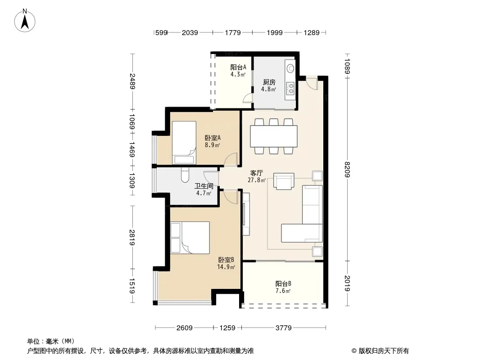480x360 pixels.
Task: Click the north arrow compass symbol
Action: [x=25, y=20]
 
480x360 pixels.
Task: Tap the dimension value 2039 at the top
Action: [x=190, y=32]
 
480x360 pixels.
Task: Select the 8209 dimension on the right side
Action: [x=347, y=169]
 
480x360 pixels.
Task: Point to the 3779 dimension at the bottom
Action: [x=284, y=328]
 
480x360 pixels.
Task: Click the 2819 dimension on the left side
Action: [x=132, y=237]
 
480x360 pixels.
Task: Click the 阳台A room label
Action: [x=238, y=67]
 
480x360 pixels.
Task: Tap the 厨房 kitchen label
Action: [x=269, y=82]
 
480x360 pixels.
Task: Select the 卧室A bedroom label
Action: [x=213, y=138]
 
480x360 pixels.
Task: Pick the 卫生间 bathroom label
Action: [x=204, y=186]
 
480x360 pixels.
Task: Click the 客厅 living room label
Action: [x=257, y=173]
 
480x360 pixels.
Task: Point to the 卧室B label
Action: [x=226, y=260]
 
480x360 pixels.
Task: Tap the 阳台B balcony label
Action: [x=283, y=283]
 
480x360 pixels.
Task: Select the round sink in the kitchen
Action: [x=290, y=68]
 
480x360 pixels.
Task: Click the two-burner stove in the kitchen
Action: [x=290, y=88]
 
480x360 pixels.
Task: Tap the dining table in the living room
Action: [x=274, y=136]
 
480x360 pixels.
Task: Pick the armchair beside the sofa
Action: [x=284, y=181]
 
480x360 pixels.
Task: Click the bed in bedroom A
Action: [x=184, y=143]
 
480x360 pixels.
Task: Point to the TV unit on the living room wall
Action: [x=246, y=214]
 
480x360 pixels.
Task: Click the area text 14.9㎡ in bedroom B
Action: [x=226, y=267]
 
